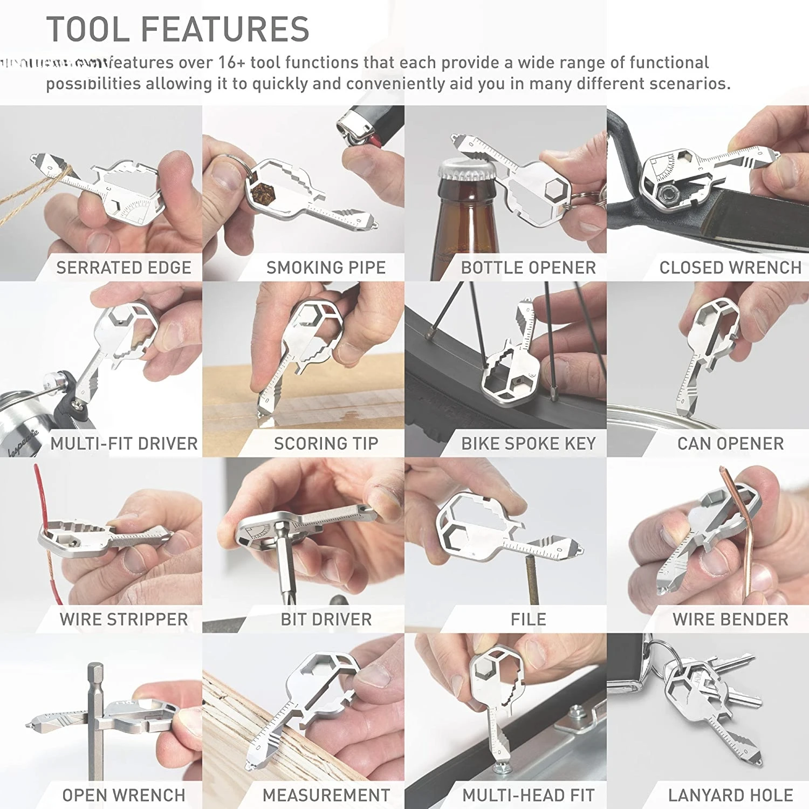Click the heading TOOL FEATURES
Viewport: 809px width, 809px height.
coord(178,29)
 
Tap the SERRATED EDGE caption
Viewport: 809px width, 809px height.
coord(124,268)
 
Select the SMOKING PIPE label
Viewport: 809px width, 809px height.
coord(326,268)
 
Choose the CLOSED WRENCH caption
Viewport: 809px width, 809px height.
coord(730,268)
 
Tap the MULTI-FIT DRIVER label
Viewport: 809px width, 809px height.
coord(124,443)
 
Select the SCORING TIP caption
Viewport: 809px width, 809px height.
coord(326,443)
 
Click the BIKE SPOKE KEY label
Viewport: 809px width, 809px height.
coord(528,443)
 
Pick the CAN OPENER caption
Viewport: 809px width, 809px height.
coord(730,443)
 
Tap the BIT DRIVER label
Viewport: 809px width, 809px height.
coord(326,619)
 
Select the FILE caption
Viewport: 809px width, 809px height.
coord(528,619)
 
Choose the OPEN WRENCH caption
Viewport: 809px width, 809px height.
coord(124,795)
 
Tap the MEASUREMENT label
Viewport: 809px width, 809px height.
coord(326,795)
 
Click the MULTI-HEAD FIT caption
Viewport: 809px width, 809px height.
coord(528,795)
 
